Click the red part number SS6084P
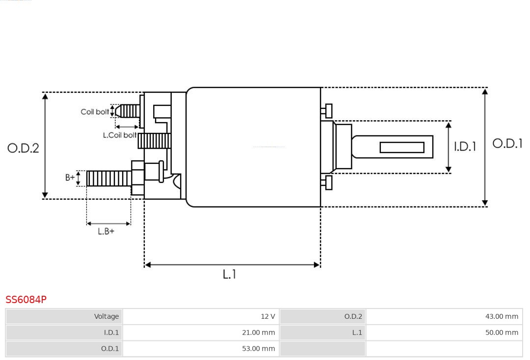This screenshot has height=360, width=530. (26, 300)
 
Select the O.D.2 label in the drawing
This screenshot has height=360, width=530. (23, 148)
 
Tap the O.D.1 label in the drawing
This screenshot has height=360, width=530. (507, 143)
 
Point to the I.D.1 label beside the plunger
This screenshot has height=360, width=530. (464, 147)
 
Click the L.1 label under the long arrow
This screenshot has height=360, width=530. (229, 275)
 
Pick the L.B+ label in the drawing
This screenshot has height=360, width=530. (106, 231)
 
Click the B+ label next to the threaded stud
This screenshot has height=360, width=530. (70, 178)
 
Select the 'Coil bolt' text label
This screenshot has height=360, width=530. (95, 112)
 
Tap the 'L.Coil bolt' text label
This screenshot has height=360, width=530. (119, 135)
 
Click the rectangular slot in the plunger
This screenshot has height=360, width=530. (401, 147)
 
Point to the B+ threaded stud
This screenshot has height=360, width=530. (108, 179)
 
